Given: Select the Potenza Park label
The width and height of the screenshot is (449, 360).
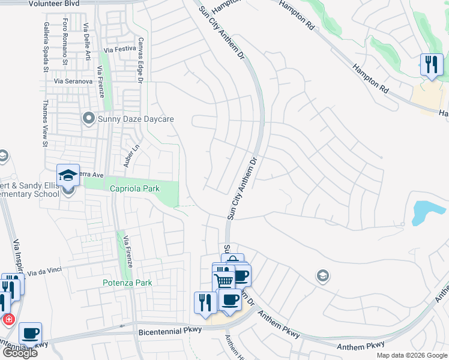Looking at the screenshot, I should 126,283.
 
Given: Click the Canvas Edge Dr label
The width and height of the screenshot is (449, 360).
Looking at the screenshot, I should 140,60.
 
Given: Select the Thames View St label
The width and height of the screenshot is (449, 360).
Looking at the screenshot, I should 45,123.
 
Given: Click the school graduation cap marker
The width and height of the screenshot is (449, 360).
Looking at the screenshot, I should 68,175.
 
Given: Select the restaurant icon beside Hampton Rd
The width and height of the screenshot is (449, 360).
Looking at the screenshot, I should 430,64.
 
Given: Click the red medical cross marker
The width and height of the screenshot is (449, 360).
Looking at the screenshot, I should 8,319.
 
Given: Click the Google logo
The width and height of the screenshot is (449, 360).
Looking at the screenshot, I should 19,353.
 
